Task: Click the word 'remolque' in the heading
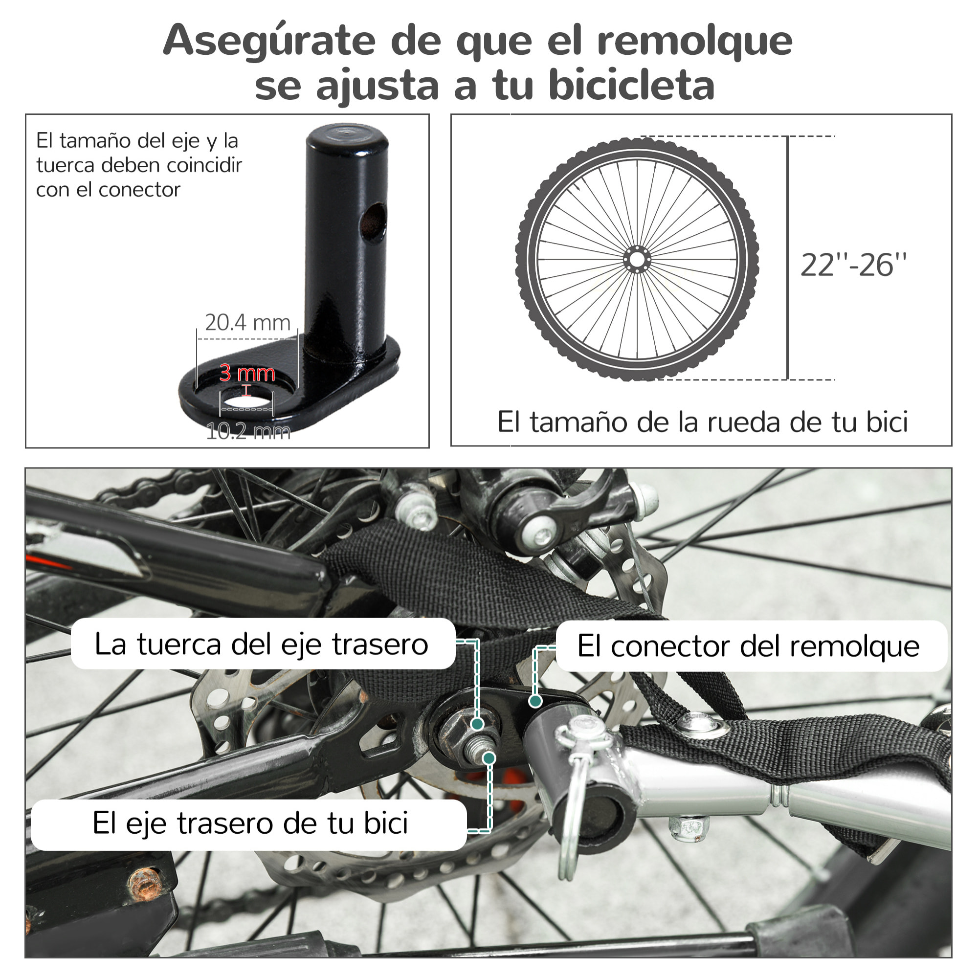click(694, 42)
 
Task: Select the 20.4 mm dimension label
click(247, 322)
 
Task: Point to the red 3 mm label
click(247, 373)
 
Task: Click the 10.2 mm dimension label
click(248, 431)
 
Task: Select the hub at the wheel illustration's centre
click(637, 260)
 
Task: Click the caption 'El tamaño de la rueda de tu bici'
click(702, 422)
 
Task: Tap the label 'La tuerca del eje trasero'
click(261, 645)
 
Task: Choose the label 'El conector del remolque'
click(748, 646)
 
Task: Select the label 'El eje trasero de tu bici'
click(250, 823)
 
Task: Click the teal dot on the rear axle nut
click(477, 724)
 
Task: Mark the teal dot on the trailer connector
click(535, 701)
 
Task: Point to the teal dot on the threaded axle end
click(489, 758)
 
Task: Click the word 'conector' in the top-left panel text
click(139, 190)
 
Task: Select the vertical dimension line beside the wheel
click(787, 258)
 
